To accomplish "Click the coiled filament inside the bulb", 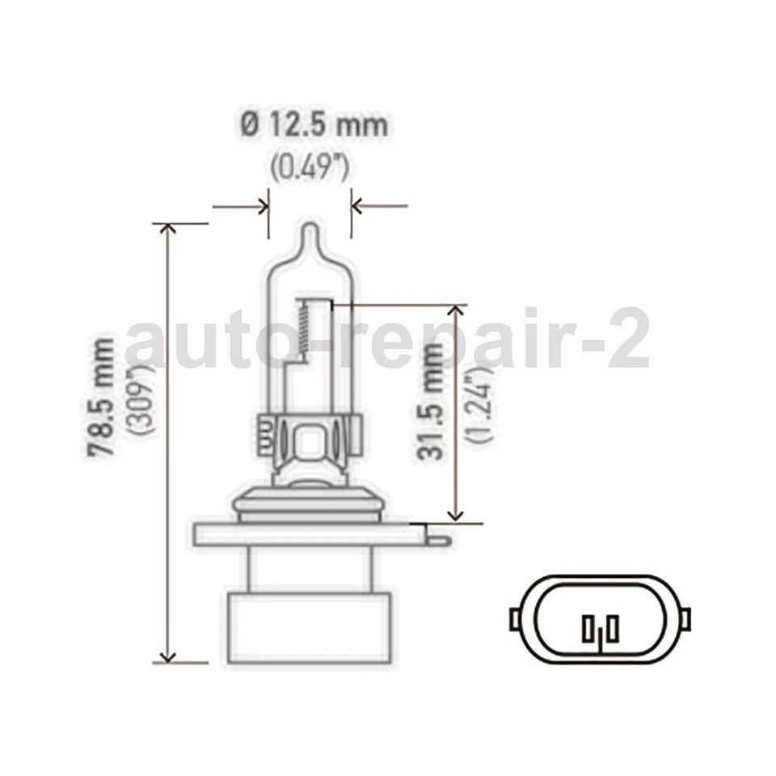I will coord(302,332).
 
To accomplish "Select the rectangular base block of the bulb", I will coord(310,626).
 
